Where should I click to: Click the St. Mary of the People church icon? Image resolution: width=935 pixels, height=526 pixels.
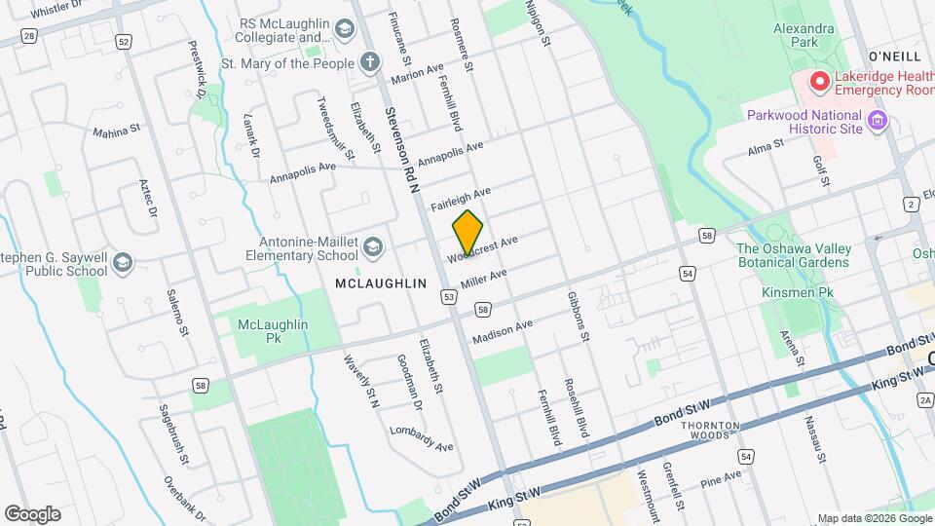[x=369, y=63]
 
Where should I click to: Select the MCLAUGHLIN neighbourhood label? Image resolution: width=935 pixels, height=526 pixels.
[x=381, y=282]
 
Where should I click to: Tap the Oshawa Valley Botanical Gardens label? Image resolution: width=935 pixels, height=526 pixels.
[x=794, y=255]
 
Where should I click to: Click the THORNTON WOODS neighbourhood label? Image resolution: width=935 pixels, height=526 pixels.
[x=704, y=432]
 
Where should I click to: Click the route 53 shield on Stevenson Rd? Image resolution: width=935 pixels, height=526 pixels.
[x=449, y=294]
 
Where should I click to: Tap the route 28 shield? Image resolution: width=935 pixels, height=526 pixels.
[x=29, y=36]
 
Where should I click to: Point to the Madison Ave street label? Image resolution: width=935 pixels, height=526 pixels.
[x=502, y=332]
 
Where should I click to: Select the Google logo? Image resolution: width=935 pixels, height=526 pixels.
[x=32, y=513]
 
